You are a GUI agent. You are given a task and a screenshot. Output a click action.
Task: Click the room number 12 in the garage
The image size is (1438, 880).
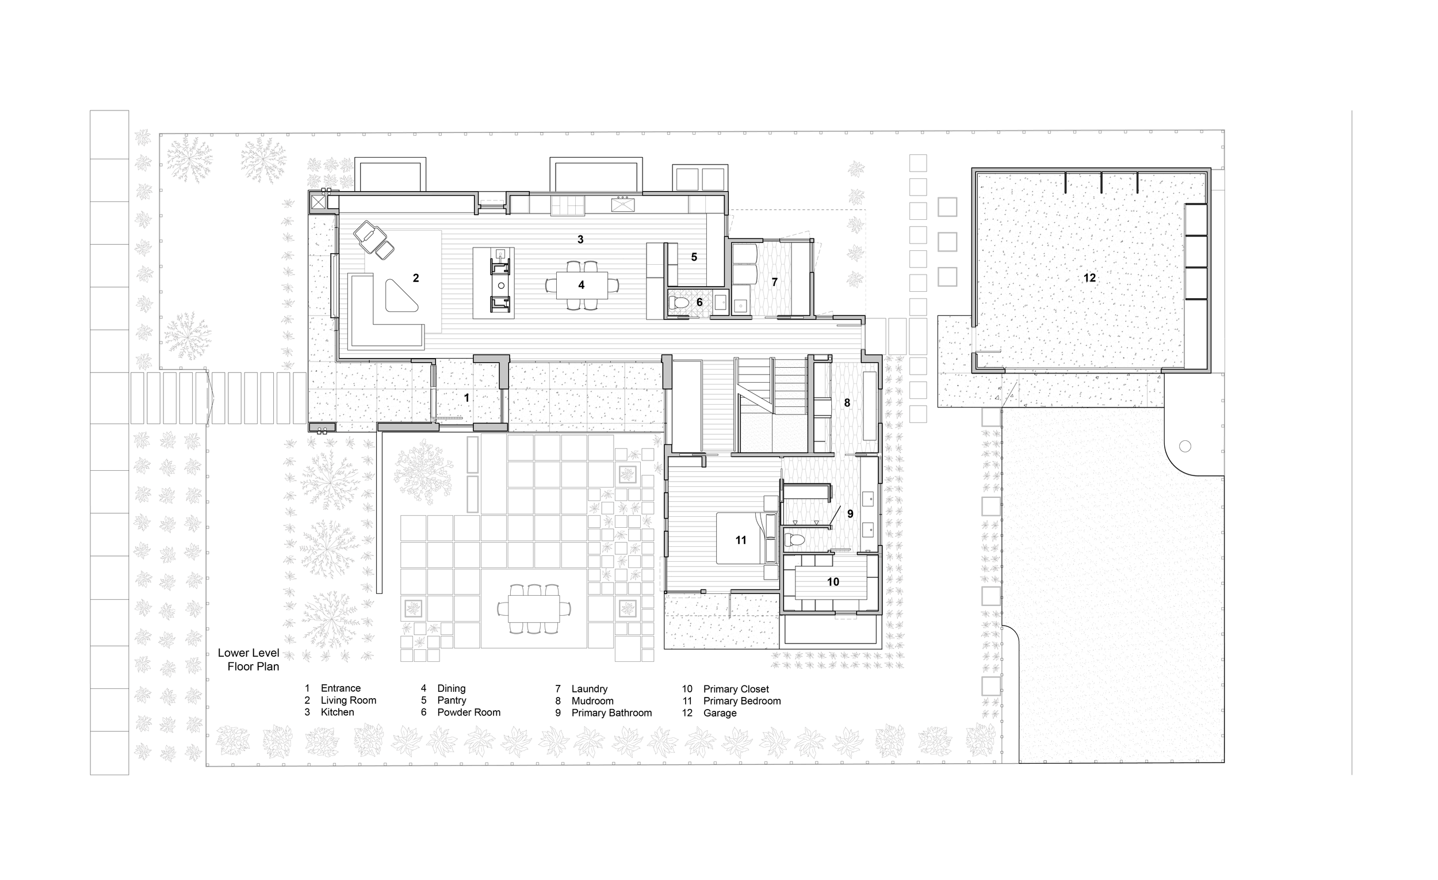[x=1089, y=278]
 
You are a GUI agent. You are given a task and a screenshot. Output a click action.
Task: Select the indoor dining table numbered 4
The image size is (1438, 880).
[x=582, y=285]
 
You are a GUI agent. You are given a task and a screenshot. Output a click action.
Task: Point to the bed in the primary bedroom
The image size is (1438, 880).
[x=740, y=538]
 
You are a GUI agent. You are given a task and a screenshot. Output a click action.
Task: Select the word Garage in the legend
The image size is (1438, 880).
[x=720, y=713]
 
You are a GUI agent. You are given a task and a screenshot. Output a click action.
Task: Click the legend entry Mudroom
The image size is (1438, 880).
[x=592, y=701]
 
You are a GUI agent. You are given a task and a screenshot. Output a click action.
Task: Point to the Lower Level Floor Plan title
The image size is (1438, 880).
[x=249, y=660]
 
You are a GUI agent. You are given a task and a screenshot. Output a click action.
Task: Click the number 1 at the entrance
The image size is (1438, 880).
[x=466, y=398]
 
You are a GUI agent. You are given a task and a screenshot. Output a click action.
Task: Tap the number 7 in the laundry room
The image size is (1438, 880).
[x=774, y=282]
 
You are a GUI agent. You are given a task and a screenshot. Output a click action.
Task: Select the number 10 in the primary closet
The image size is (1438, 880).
[x=833, y=582]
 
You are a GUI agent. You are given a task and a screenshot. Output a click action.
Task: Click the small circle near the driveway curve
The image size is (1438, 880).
[x=1185, y=446]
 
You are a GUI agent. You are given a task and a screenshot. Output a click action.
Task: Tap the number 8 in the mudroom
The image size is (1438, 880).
[x=847, y=402]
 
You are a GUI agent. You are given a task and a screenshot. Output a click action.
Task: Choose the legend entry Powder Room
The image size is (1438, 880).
[x=469, y=713]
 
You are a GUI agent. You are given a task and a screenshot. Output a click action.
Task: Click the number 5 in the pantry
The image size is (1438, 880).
[x=694, y=257]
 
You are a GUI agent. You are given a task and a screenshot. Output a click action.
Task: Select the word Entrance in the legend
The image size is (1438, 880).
[x=341, y=688]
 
